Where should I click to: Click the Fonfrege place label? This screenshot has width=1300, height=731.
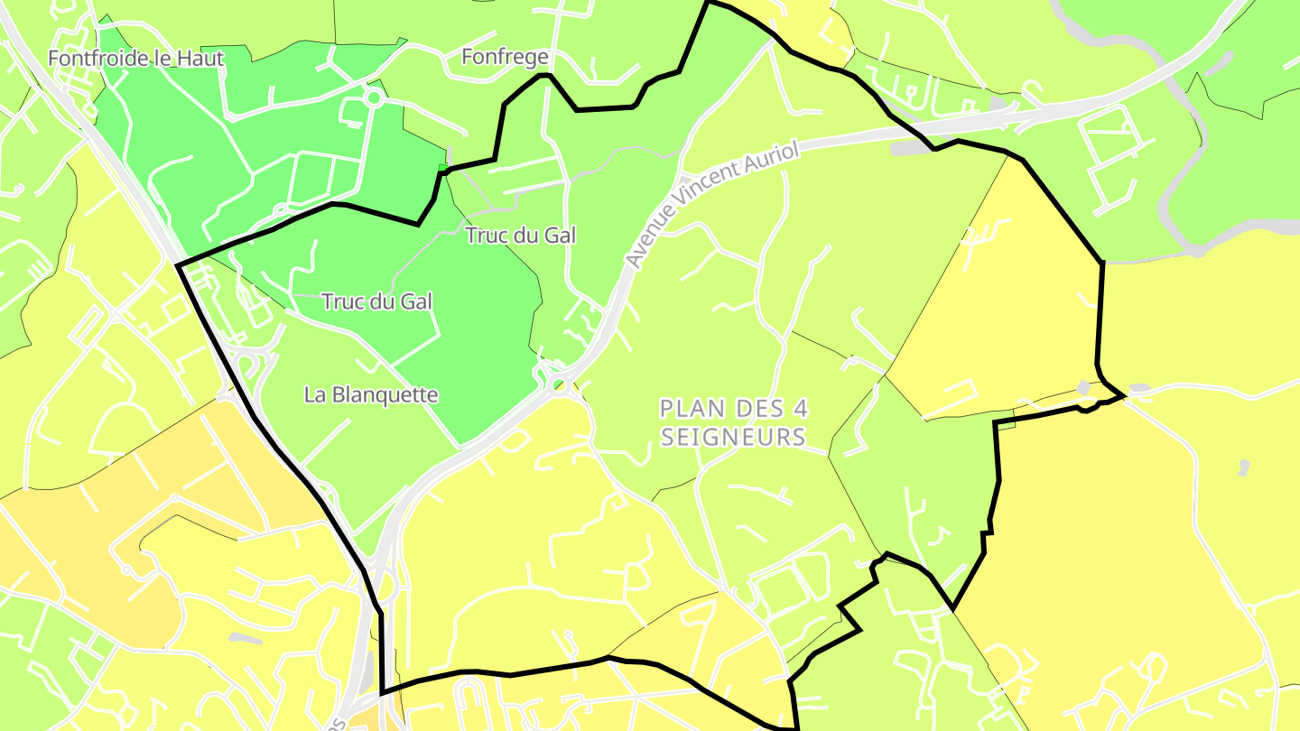[505, 58]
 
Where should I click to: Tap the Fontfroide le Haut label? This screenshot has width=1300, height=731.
[135, 59]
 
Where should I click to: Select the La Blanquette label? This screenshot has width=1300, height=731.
[371, 394]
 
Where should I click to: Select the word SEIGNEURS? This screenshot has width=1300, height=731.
[733, 438]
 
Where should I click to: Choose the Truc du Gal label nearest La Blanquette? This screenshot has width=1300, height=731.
[377, 301]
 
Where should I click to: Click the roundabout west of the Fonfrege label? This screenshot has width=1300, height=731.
[373, 97]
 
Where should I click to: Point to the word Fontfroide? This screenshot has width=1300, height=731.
[93, 59]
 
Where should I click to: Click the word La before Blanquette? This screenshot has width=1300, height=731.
[314, 394]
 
